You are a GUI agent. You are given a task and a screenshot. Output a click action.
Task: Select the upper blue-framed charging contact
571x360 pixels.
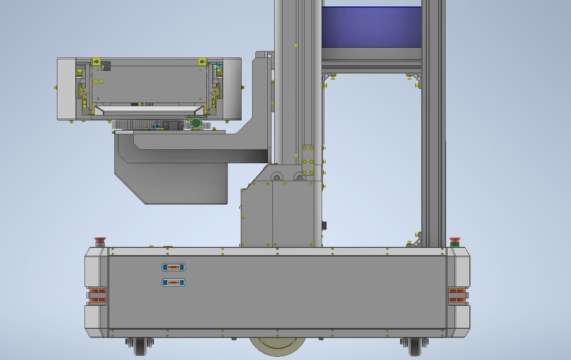pos(173,267)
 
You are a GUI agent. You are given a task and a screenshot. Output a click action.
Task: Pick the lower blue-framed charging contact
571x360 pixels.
pos(173,282)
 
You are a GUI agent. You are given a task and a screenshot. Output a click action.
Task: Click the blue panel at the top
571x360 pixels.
pos(371,27)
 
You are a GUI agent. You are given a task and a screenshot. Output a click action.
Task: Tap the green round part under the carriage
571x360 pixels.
pos(196,123)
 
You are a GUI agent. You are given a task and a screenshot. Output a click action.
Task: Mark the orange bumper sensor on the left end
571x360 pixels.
pos(97,295)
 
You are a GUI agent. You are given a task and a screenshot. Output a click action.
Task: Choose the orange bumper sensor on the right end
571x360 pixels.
pos(458,295)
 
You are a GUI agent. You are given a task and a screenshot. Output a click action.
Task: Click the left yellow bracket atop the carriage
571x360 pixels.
pos(96,62)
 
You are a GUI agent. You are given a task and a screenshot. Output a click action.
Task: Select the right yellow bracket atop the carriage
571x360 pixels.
pos(202,62)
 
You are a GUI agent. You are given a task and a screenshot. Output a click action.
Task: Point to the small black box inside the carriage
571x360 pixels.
pos(106,66)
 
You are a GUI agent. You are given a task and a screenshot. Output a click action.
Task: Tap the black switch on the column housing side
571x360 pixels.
pos(324,225)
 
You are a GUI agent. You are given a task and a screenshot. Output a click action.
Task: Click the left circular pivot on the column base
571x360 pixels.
pos(277,178)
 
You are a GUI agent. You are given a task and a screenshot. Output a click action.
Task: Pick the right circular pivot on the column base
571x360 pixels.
pos(300,178)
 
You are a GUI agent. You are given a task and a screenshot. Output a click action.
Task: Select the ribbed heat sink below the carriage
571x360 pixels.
pos(131,125)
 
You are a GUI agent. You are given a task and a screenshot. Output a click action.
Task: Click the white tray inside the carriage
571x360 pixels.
pos(149,110)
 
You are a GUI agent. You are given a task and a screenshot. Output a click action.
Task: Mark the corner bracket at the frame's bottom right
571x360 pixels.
pos(416,241)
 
